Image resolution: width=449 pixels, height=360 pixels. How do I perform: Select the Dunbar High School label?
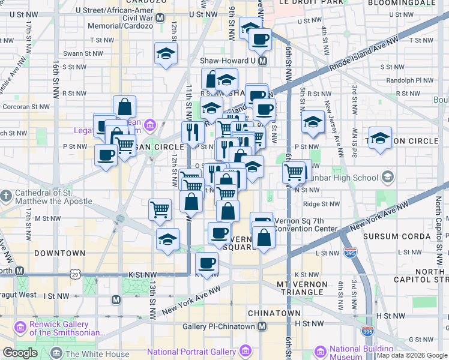(x=348, y=178)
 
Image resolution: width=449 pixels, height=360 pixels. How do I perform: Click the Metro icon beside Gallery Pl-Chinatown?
(x=262, y=326)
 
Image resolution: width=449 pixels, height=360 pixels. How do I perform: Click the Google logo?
(x=20, y=353)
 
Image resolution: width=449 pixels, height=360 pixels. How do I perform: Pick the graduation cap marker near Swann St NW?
(x=166, y=54)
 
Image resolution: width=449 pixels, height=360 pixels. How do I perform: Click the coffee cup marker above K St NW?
(x=207, y=262)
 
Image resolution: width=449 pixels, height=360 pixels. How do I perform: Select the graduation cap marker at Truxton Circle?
(x=380, y=138)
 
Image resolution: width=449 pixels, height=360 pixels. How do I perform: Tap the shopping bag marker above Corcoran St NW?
(x=124, y=107)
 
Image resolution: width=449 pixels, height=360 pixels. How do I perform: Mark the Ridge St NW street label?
(x=322, y=205)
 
